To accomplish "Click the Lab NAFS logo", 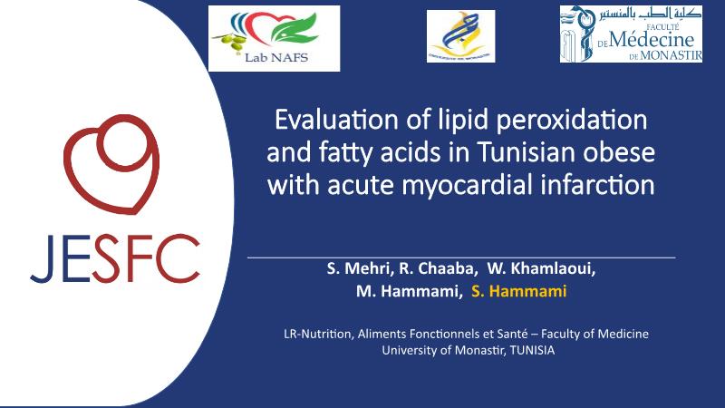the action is coord(275,38).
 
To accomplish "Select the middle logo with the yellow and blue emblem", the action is coord(461,36).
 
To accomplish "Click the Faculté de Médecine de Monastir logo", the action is coord(631,34).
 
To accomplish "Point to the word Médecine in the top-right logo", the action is coord(652,40).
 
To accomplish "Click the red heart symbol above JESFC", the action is coord(111,164).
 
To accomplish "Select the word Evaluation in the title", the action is coord(336,120).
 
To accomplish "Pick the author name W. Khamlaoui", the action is coord(541,268).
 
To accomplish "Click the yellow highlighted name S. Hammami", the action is coord(518,291).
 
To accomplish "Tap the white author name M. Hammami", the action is coord(409,291).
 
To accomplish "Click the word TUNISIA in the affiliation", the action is coord(532,350).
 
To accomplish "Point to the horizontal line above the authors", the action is coord(461,257).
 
